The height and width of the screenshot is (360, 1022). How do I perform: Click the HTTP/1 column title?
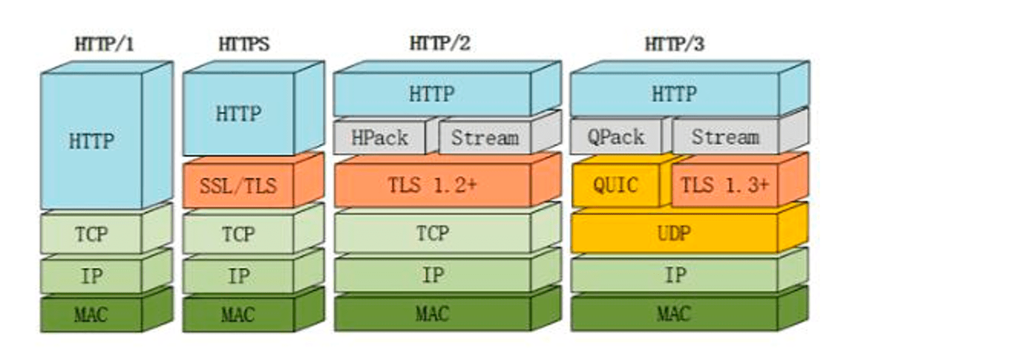click(104, 44)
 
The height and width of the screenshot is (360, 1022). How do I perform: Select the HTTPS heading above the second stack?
click(244, 44)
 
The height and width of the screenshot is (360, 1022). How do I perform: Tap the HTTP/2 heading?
click(440, 43)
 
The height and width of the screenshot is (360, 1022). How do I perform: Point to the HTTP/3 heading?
click(674, 44)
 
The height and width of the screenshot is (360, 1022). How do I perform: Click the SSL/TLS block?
click(238, 185)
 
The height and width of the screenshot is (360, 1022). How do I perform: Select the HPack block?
click(379, 138)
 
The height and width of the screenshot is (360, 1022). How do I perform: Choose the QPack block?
click(615, 137)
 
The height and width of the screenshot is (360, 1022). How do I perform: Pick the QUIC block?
click(615, 185)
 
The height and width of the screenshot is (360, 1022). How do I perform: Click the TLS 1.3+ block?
click(724, 185)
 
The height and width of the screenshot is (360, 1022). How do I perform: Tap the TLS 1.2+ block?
click(432, 185)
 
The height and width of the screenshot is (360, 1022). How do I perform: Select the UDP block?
click(674, 233)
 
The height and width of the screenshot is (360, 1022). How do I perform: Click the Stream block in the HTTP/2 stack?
click(485, 138)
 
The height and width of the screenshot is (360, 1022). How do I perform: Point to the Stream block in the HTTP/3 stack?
click(725, 137)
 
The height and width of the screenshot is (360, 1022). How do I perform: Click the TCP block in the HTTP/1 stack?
click(91, 233)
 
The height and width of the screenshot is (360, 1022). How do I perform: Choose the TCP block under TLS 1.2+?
click(432, 233)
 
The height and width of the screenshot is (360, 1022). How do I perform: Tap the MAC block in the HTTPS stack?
click(238, 314)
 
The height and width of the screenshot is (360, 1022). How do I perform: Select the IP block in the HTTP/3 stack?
click(674, 275)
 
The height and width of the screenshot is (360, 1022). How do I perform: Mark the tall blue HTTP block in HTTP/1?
click(91, 141)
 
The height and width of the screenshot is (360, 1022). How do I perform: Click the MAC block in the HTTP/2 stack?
click(432, 314)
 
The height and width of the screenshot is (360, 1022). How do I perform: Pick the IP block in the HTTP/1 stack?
click(91, 276)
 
